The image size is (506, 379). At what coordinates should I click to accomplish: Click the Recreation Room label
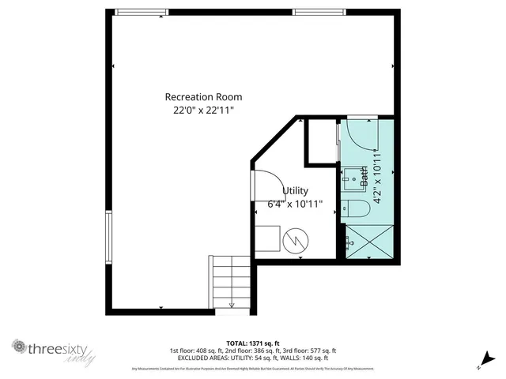point(203,96)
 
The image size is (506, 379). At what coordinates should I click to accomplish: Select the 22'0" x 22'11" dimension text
point(203,111)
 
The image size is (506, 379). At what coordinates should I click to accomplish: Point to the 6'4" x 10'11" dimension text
point(295,204)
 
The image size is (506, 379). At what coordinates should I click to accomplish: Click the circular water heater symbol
point(295,239)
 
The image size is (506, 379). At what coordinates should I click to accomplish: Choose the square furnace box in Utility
point(268,238)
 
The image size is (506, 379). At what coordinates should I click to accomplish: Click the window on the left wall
point(109,234)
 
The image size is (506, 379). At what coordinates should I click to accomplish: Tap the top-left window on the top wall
point(142,12)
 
